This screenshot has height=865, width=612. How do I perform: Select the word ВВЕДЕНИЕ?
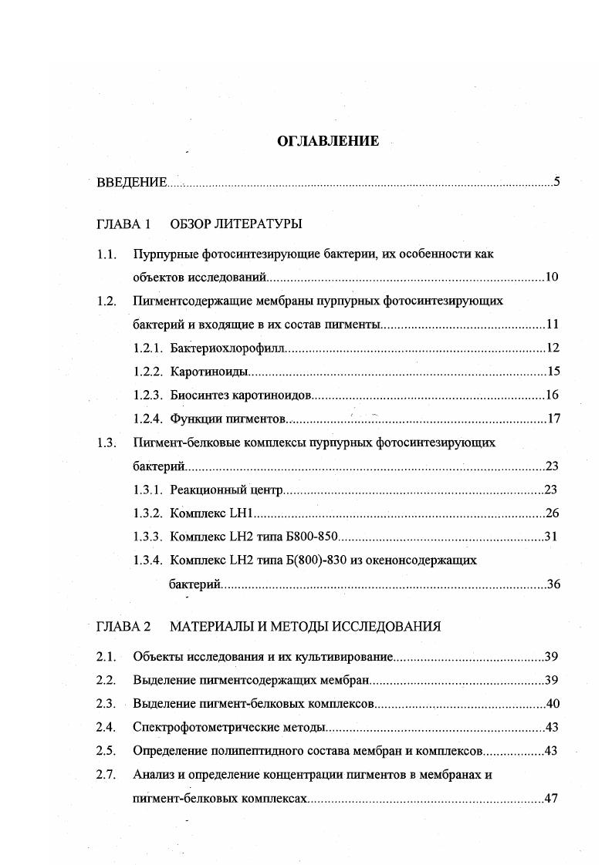pos(132,183)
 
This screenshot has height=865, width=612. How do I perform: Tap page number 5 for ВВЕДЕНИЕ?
pos(556,183)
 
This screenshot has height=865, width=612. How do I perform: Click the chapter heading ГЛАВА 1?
pos(123,224)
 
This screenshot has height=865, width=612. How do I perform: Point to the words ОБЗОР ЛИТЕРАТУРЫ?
pos(235,224)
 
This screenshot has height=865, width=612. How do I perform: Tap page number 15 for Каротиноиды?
pos(553,372)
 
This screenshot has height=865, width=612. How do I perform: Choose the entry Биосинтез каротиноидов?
pos(241,395)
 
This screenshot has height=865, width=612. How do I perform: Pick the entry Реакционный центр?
pos(228,490)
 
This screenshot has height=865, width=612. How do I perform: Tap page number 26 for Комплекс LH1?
pos(552,513)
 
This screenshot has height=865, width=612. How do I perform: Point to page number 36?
pos(553,584)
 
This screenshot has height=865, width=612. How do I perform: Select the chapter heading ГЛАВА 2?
pos(123,626)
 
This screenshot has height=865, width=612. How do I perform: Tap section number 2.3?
pos(107,703)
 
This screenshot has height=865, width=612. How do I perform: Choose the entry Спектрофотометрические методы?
pos(229,727)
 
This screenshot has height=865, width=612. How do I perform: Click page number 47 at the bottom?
pos(551,799)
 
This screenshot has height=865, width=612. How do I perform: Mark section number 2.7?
pos(107,775)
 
